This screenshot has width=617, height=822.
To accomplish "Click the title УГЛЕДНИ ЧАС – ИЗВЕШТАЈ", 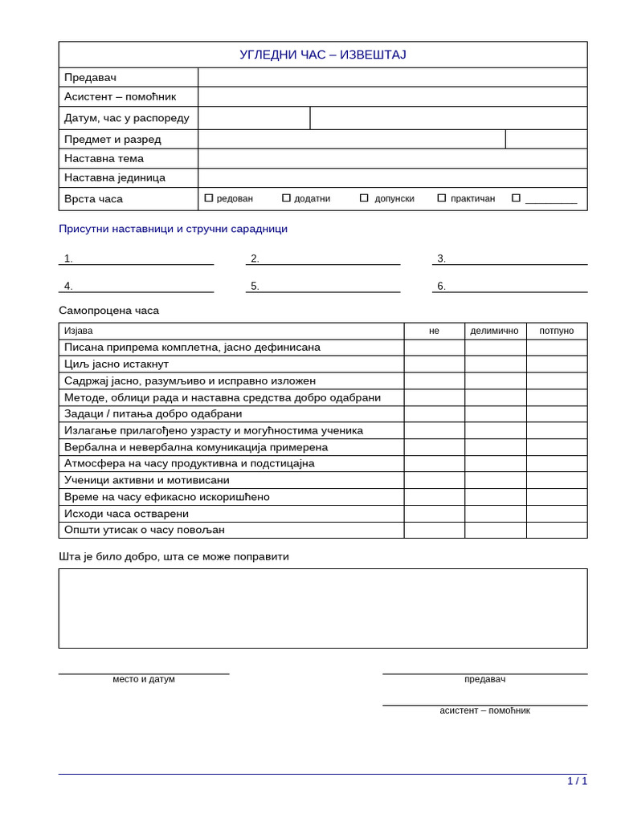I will [x=322, y=55].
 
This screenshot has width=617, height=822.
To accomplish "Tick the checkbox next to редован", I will [x=209, y=198].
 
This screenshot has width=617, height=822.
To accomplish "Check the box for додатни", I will [x=286, y=198].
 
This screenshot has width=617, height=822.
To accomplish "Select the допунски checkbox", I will [x=364, y=198].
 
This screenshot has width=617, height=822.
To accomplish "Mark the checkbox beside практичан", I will [x=441, y=198].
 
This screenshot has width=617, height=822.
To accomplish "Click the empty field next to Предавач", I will [x=392, y=77].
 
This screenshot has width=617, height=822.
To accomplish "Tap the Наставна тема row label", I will [x=104, y=158].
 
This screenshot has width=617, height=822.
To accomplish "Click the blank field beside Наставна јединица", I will [x=392, y=177].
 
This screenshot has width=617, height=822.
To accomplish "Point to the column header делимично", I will [x=494, y=331].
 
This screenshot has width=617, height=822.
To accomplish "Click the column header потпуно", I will [x=556, y=331].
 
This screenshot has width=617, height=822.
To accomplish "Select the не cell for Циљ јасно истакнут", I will [x=434, y=364].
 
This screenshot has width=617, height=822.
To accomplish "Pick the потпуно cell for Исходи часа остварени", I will [x=556, y=514].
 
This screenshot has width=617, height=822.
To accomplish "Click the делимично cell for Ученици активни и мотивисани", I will [x=495, y=480].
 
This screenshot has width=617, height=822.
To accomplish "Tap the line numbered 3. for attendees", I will [x=509, y=258].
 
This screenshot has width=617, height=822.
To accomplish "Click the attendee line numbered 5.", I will [x=323, y=286].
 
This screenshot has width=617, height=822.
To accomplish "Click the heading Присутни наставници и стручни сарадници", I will [x=173, y=229].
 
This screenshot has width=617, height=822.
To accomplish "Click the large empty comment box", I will [x=322, y=608].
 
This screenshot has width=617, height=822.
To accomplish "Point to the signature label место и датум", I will [x=144, y=679].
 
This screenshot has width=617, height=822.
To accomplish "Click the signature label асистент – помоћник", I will [x=484, y=710].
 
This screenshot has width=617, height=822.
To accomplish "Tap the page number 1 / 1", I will [x=577, y=781].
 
